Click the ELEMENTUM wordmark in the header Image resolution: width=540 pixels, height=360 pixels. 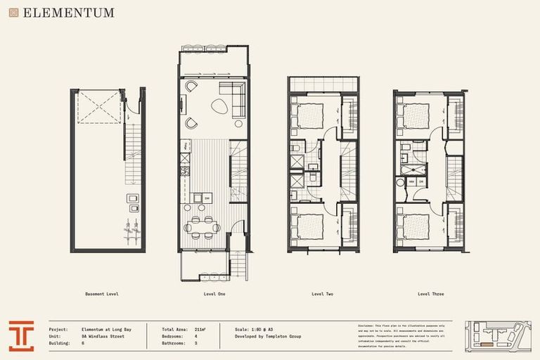(68, 13)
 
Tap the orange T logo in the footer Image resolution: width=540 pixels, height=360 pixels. (21, 335)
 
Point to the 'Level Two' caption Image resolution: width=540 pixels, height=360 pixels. (322, 293)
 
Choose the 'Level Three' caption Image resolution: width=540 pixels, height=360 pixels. (430, 293)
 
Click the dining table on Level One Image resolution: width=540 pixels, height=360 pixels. (205, 226)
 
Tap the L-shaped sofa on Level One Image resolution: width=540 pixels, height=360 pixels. (232, 96)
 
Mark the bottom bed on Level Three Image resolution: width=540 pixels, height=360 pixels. (415, 226)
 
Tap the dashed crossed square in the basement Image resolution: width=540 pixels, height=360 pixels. (99, 107)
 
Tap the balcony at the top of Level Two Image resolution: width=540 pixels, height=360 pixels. (323, 84)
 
